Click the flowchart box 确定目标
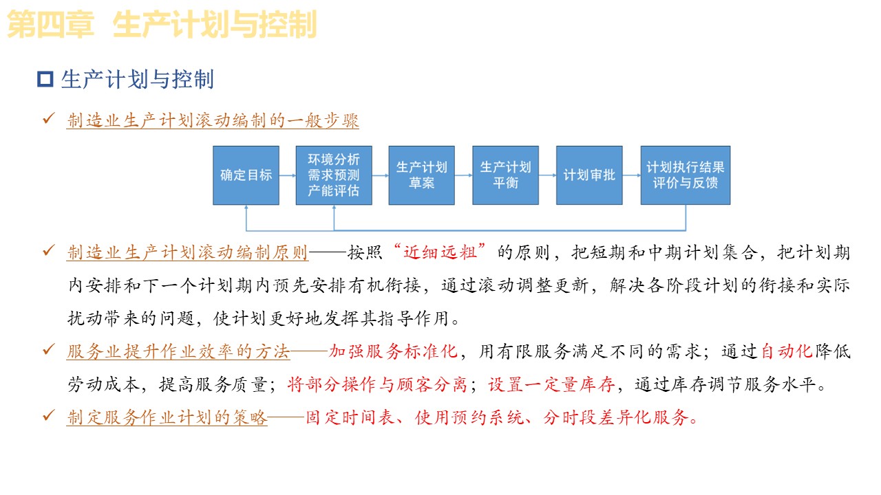click(x=246, y=175)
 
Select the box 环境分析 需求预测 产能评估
click(x=334, y=175)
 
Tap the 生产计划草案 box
click(x=421, y=175)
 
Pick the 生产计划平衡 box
click(x=505, y=175)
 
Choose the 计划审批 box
click(x=589, y=175)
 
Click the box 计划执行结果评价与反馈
click(x=685, y=175)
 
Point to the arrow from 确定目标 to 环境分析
click(x=288, y=175)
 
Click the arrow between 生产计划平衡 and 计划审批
click(x=547, y=175)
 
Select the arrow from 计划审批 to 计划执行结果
click(x=631, y=175)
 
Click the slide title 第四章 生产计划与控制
click(x=162, y=25)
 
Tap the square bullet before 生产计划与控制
click(x=45, y=80)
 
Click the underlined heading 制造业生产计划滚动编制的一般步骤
click(x=213, y=121)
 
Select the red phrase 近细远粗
click(x=440, y=252)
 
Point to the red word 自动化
click(x=787, y=351)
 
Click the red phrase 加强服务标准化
click(x=393, y=351)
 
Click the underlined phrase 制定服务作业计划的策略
click(x=167, y=417)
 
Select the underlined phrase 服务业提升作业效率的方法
click(x=178, y=351)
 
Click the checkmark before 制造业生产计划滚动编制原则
click(x=49, y=252)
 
